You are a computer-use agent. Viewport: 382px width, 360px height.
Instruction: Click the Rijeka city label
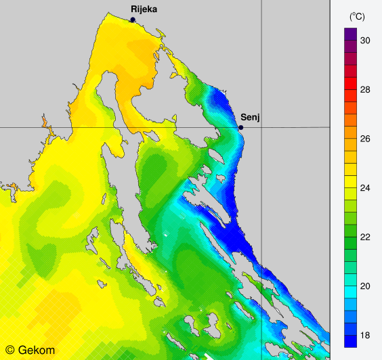click(144, 9)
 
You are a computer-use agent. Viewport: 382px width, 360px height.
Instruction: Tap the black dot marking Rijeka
click(133, 20)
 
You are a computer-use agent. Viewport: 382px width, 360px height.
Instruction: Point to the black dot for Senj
click(240, 127)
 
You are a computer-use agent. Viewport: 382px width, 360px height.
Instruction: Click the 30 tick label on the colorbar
click(365, 41)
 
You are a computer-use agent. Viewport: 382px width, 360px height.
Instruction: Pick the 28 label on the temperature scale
click(365, 90)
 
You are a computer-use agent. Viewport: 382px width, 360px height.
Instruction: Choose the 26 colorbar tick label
click(365, 139)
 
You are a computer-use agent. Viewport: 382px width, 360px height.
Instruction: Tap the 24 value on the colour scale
click(365, 188)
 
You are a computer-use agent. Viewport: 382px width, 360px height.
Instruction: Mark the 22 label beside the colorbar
click(365, 238)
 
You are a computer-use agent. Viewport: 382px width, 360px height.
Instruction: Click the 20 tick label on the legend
click(365, 286)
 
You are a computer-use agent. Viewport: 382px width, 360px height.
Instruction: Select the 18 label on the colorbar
click(365, 336)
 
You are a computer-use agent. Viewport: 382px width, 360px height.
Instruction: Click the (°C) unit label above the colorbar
click(358, 16)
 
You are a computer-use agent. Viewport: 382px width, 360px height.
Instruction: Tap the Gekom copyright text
click(31, 351)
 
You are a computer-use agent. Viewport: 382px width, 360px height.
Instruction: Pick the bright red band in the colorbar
click(351, 83)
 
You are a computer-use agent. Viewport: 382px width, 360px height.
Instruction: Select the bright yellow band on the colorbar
click(351, 181)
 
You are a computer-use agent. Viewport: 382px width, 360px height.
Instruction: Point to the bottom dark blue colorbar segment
click(351, 341)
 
